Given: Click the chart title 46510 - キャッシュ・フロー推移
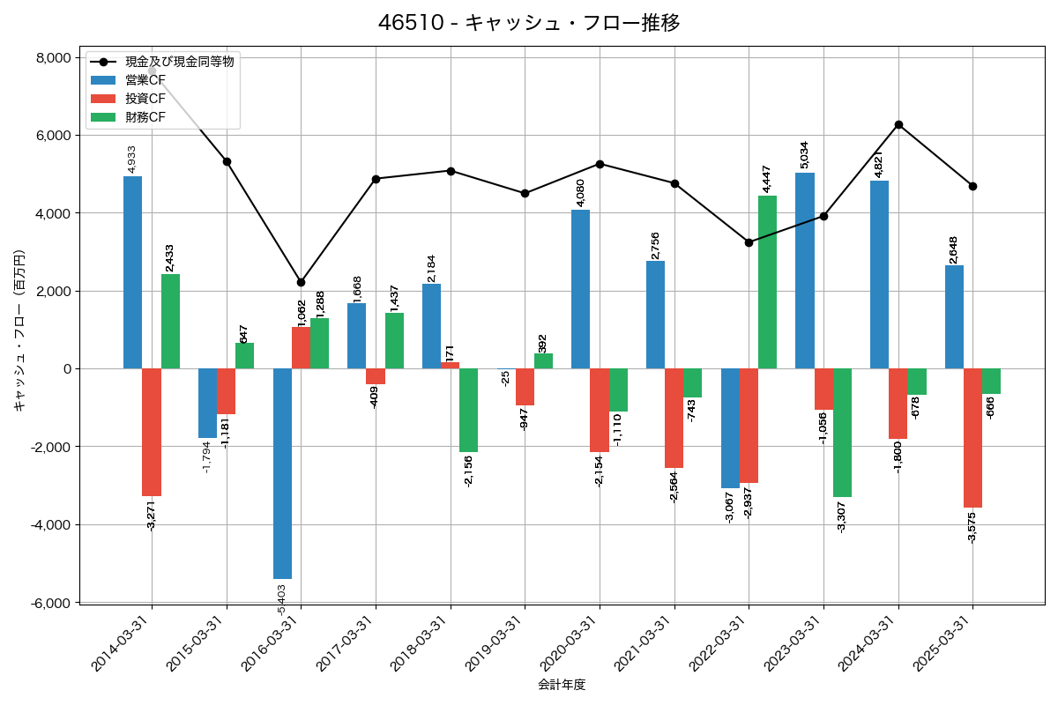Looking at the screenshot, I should pos(529,23).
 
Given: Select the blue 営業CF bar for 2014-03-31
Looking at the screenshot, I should pos(132,272).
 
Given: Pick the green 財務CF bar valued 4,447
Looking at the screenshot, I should pos(767,282).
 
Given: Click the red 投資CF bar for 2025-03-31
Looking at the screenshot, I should pos(972,438).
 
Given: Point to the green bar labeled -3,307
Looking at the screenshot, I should pos(842,433).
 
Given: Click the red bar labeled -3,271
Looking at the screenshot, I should pos(152,432).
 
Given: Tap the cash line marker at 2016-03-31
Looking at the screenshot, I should pos(301,282).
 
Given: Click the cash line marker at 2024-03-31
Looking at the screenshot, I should pos(898,124).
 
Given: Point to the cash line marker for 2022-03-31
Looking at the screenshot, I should pos(749,242).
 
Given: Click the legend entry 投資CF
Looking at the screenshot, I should pos(145,98).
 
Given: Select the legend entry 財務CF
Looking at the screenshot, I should pos(145,116).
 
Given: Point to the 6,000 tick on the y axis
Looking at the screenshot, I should pos(53,136).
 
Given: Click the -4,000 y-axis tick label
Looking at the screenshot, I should pos(50,525).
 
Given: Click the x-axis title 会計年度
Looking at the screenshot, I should pos(562,684).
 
